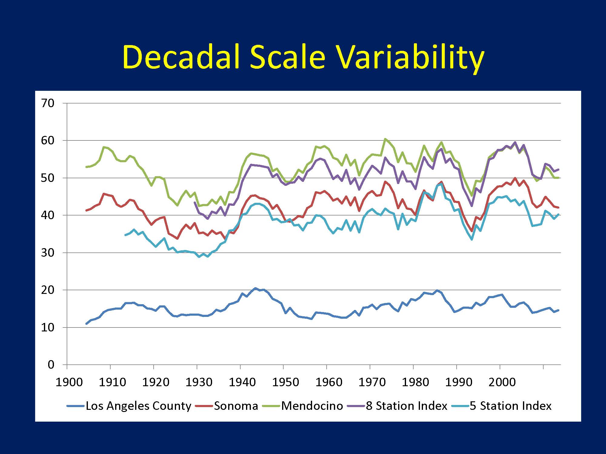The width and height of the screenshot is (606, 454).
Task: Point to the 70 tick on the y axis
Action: pyautogui.click(x=47, y=103)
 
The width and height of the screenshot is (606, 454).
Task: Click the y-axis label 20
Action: pyautogui.click(x=47, y=290)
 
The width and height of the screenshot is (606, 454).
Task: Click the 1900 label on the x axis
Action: pyautogui.click(x=69, y=382)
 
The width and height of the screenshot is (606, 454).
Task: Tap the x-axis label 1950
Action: pyautogui.click(x=285, y=382)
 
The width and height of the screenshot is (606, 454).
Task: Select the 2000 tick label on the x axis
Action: pyautogui.click(x=502, y=382)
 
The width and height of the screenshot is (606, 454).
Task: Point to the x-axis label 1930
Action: pyautogui.click(x=199, y=382)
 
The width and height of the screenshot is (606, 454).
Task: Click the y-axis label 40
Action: pyautogui.click(x=47, y=215)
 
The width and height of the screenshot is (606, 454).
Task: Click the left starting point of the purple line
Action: pyautogui.click(x=195, y=202)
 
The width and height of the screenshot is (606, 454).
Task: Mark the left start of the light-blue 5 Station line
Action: pyautogui.click(x=125, y=235)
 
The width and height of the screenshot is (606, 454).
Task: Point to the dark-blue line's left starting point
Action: pyautogui.click(x=86, y=324)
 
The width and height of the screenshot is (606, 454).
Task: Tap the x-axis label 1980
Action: pyautogui.click(x=415, y=382)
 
